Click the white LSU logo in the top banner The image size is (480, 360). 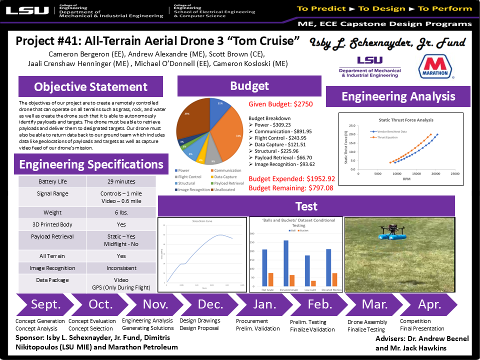(27, 10)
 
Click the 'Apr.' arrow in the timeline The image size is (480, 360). (429, 304)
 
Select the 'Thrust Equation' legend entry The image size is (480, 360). (388, 136)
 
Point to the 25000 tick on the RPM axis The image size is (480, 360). (454, 173)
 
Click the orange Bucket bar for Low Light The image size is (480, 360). (313, 283)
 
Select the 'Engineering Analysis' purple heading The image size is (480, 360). (398, 96)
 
